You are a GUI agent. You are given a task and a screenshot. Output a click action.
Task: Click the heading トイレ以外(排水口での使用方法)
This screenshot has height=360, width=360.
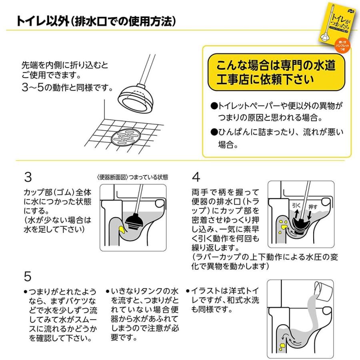click(x=96, y=21)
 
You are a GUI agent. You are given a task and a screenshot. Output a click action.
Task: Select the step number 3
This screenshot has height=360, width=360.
click(x=28, y=177)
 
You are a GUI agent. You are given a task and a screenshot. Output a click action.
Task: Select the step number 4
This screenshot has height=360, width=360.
click(x=196, y=177)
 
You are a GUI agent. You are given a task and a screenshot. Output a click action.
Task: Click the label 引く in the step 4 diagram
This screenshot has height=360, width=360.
click(x=296, y=204)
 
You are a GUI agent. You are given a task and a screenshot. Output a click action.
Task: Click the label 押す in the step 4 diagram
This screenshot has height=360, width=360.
click(x=313, y=207)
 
